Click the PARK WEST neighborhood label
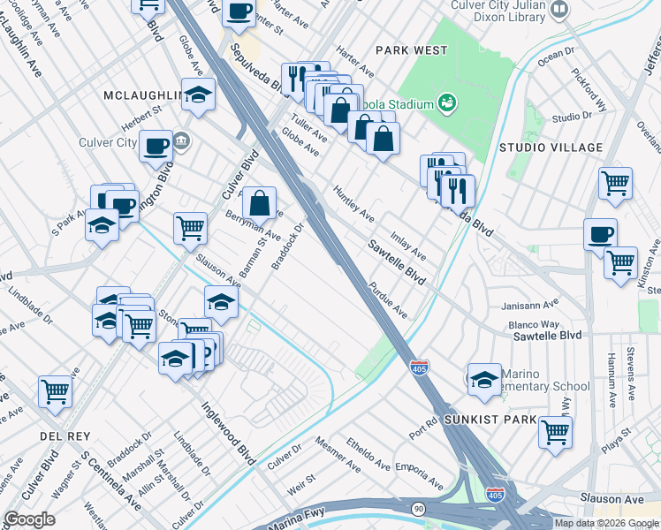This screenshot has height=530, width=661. (411, 50)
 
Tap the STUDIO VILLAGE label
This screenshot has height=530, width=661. (551, 148)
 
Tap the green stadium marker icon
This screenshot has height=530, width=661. (447, 103)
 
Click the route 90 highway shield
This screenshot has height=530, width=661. (417, 509)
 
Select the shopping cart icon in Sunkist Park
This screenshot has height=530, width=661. (555, 432)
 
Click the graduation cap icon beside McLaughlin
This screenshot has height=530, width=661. (199, 94)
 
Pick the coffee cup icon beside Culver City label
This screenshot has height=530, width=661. (156, 146)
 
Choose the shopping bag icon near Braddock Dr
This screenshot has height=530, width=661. (260, 203)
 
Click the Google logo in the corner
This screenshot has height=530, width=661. (29, 519)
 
